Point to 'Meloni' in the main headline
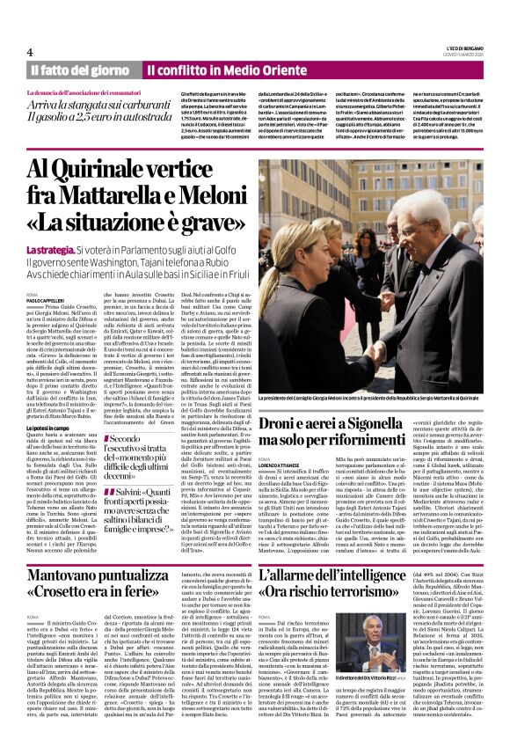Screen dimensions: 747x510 [200, 192]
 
